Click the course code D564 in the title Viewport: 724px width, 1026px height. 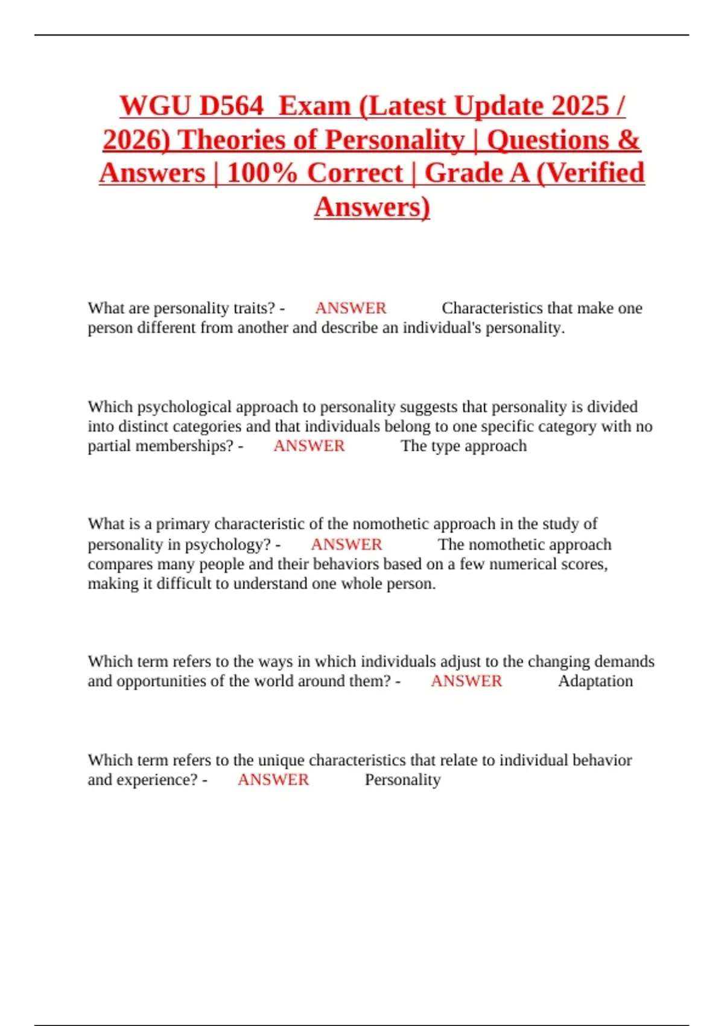[231, 106]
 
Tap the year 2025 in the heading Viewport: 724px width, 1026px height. [580, 106]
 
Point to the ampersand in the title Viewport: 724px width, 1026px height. [628, 140]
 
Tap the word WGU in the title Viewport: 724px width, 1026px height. [154, 106]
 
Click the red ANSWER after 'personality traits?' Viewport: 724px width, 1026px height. [351, 308]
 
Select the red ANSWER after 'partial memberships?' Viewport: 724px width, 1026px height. [309, 446]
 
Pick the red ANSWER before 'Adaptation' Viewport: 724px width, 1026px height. [466, 681]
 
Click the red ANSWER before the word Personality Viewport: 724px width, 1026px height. [273, 780]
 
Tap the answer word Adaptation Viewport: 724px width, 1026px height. [595, 681]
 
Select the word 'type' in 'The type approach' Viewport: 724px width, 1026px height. [445, 446]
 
